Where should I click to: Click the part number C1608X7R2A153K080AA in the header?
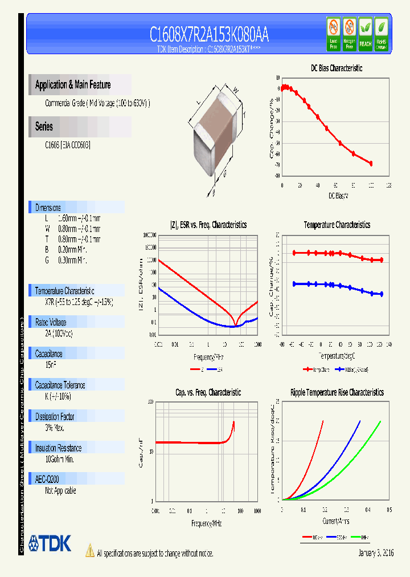(209, 35)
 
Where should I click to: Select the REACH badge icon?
(365, 34)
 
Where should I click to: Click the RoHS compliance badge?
(382, 34)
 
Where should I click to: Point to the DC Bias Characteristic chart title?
(336, 68)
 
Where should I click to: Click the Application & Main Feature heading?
(73, 85)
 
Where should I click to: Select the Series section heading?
(44, 127)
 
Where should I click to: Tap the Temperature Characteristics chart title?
(337, 225)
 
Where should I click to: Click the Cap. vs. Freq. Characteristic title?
(207, 392)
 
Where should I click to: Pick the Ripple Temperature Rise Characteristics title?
(337, 392)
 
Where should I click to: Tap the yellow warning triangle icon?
(89, 551)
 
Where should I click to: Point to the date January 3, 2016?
(376, 553)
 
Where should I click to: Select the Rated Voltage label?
(51, 322)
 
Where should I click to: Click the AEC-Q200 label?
(47, 480)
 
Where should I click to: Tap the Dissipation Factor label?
(55, 417)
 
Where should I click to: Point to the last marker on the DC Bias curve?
(371, 164)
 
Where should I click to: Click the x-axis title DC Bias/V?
(338, 196)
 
